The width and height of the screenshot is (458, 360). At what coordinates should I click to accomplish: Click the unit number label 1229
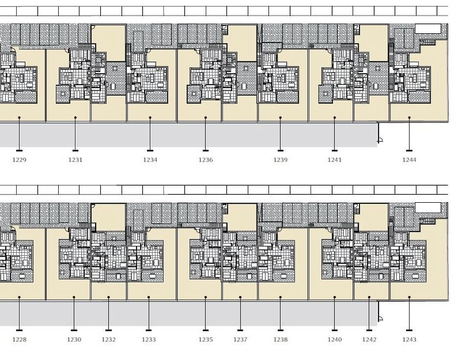click(x=19, y=160)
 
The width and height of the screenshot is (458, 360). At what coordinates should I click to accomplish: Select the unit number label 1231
click(x=75, y=160)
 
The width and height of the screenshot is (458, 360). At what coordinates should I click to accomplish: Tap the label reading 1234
click(x=150, y=160)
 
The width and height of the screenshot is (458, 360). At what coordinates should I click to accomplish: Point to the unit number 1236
click(x=206, y=160)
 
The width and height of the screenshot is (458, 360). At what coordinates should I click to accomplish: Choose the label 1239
click(x=280, y=160)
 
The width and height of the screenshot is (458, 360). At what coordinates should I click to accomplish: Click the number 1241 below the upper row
click(x=335, y=160)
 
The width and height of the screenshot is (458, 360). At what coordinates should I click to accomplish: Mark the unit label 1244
click(x=409, y=160)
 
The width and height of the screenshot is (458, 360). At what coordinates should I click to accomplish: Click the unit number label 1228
click(x=19, y=339)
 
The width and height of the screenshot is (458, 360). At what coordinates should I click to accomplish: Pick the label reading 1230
click(x=74, y=339)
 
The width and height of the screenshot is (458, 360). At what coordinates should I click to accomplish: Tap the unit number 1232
click(x=109, y=339)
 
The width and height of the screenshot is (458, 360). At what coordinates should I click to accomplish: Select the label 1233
click(x=149, y=339)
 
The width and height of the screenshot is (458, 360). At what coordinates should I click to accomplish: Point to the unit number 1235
click(x=206, y=339)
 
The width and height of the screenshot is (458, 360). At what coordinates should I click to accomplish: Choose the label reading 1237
click(x=240, y=339)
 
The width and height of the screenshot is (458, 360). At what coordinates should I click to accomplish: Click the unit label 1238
click(x=280, y=339)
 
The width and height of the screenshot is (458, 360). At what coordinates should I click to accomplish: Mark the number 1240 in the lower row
click(x=335, y=339)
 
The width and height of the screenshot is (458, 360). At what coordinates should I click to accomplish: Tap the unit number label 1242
click(x=369, y=339)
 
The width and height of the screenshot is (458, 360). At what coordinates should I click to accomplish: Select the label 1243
click(x=409, y=339)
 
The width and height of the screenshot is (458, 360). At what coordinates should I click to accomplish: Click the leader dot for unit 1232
click(x=109, y=297)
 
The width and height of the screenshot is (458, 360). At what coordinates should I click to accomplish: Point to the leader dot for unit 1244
click(x=409, y=118)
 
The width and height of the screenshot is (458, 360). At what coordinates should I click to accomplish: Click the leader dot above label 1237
click(x=240, y=297)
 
